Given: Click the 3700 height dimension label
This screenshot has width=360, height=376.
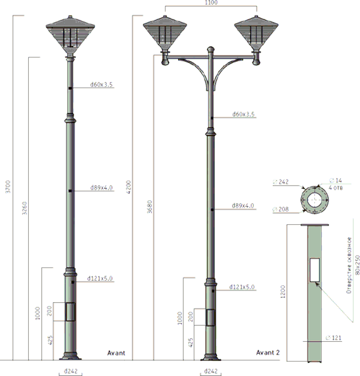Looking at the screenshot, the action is [8, 187].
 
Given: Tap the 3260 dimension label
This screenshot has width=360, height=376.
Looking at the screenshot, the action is [24, 208].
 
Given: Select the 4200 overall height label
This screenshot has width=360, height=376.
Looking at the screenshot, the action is [129, 187].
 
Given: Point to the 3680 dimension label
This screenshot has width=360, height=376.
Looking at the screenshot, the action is [149, 207].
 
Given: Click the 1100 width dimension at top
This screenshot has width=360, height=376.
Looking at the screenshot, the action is [211, 2].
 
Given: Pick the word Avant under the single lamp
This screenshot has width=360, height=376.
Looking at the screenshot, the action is [117, 353].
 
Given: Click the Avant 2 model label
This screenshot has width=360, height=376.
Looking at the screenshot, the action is [268, 352].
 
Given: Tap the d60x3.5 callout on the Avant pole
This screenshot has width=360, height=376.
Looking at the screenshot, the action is [102, 85].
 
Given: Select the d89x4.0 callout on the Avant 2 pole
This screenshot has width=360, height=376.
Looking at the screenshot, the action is [243, 205].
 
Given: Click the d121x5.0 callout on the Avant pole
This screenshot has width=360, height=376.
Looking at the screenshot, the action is [100, 278].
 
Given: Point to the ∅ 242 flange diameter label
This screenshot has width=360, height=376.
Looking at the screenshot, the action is [281, 182].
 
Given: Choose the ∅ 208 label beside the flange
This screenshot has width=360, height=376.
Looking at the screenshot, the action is [281, 209].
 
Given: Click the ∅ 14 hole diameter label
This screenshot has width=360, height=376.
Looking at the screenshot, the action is [336, 180].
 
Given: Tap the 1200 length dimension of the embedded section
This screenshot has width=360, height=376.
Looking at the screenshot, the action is [283, 291].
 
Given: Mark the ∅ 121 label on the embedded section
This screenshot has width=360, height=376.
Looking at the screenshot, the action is [334, 337].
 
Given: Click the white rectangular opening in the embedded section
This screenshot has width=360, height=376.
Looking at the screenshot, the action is [315, 270].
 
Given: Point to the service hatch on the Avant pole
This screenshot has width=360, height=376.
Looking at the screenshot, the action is [70, 312].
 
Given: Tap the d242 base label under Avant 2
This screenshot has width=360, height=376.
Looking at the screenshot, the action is [211, 371].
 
